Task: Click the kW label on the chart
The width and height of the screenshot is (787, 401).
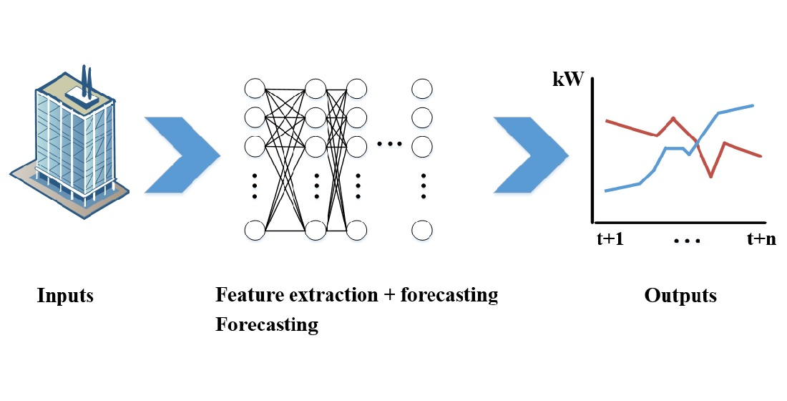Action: [570, 79]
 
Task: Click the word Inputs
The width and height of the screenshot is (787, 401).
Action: [65, 295]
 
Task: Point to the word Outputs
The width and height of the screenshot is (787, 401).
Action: [680, 295]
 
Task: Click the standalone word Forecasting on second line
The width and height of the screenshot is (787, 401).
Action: [266, 324]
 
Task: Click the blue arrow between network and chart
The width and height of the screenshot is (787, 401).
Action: [531, 154]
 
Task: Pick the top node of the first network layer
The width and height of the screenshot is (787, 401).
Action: [255, 89]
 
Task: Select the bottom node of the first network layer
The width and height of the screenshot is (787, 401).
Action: [255, 231]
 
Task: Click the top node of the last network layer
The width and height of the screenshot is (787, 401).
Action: [422, 89]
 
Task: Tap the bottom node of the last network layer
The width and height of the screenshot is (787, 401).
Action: [422, 231]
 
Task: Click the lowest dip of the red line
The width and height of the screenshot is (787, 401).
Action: [710, 176]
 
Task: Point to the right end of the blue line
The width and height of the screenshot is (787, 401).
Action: [754, 105]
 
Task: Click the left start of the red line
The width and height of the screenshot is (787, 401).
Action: [607, 120]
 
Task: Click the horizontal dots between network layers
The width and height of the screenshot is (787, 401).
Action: [390, 145]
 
